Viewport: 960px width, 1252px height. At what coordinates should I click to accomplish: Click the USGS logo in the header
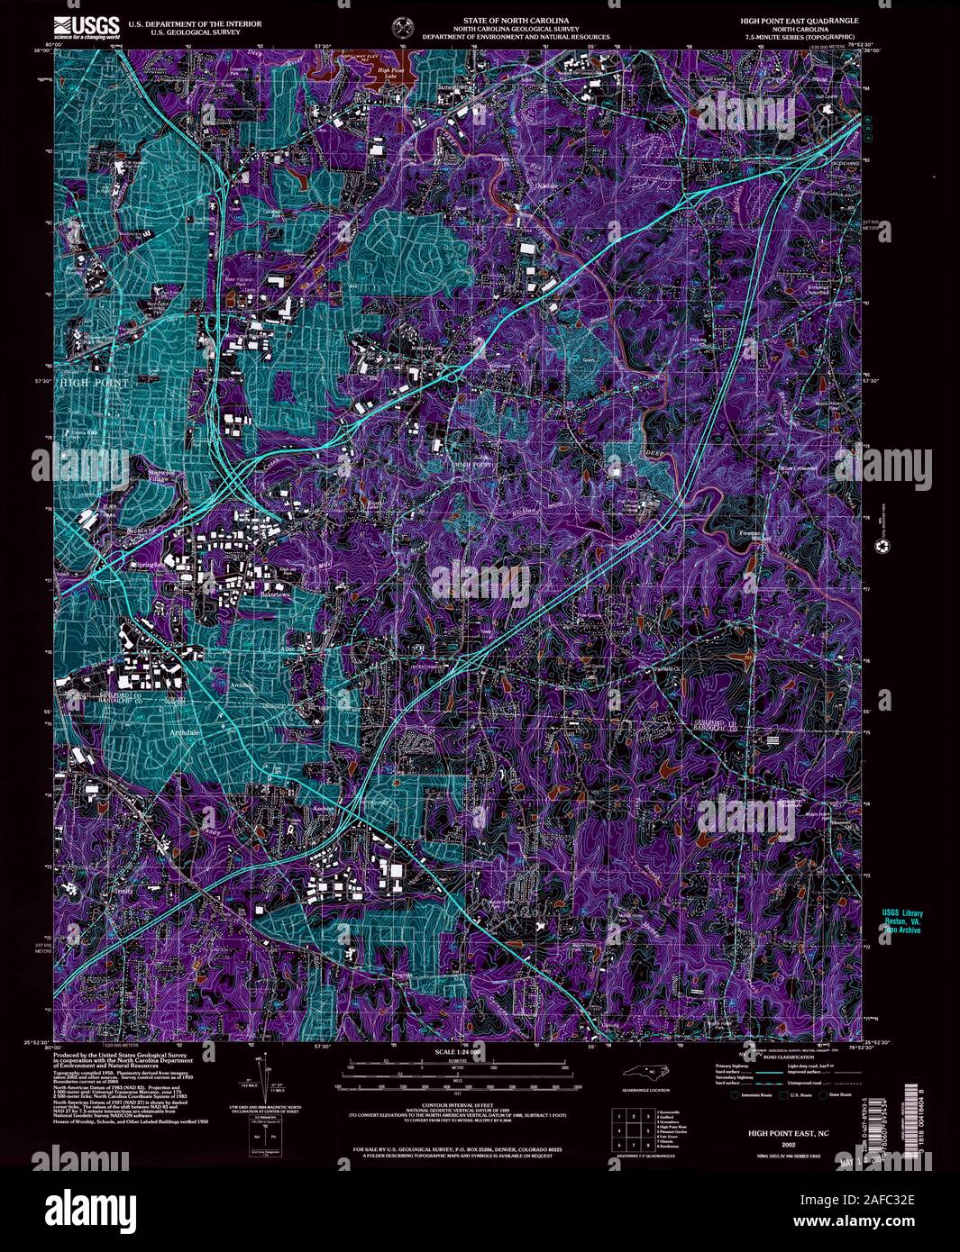click(87, 27)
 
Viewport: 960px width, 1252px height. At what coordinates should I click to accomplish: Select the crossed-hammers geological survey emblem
click(402, 26)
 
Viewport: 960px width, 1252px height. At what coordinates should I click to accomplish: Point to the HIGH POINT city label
click(95, 383)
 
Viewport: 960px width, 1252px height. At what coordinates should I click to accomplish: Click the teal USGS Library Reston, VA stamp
click(901, 921)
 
